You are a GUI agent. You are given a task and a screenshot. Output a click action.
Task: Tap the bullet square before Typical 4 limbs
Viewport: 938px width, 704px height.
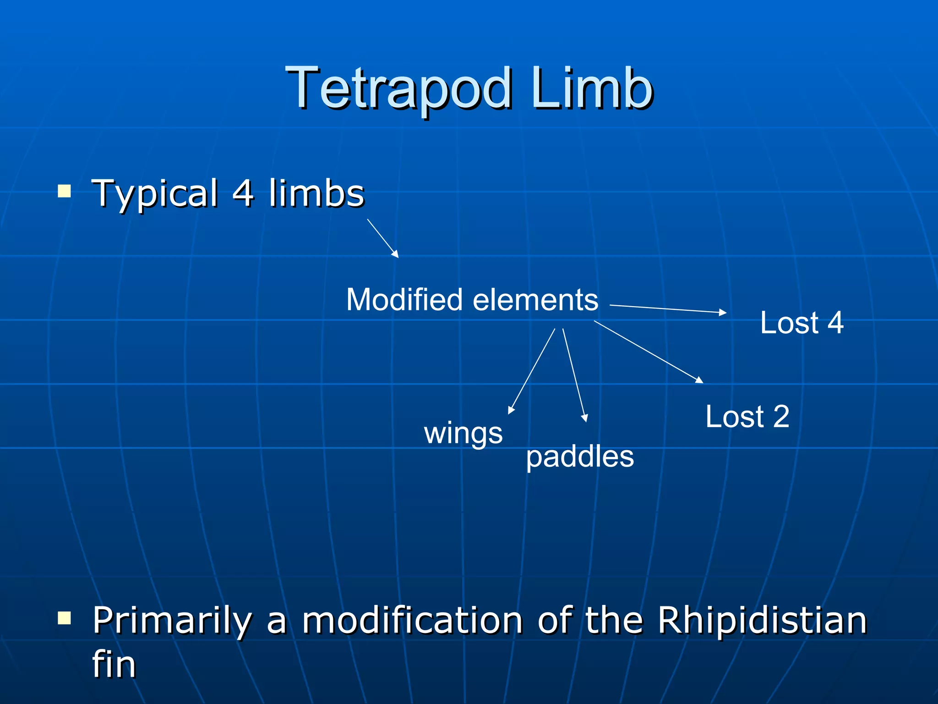pos(65,191)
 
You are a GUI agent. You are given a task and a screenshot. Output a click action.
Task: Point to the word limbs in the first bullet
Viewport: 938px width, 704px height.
pos(316,193)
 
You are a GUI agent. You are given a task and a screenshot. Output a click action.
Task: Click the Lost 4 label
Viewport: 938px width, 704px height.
pos(802,323)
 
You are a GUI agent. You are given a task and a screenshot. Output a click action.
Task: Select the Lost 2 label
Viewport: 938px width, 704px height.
pos(747,417)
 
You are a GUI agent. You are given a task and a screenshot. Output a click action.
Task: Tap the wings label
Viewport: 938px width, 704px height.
pos(463,433)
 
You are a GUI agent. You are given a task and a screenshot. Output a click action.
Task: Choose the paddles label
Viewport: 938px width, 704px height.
pos(579,457)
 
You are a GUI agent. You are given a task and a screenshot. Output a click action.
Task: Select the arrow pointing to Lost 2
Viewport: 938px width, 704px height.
pos(648,352)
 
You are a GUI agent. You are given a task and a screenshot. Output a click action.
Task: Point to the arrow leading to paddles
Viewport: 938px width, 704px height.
pos(574,375)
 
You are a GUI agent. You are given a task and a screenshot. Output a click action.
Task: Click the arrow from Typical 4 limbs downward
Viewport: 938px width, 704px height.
pos(383,238)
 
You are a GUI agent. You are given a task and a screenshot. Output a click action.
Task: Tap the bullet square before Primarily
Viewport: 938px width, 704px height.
pos(65,618)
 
